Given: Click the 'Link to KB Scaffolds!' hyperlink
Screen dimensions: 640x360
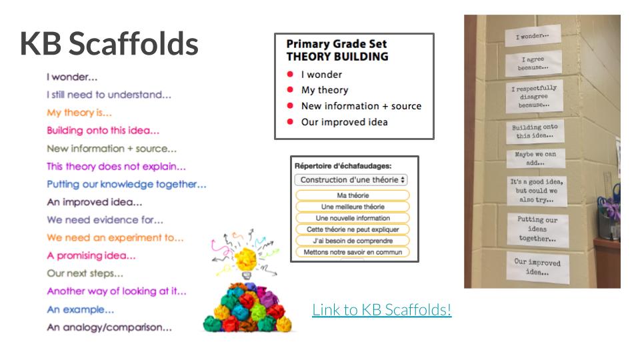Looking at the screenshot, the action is click(x=381, y=310).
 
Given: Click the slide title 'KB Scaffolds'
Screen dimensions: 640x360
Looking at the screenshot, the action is click(x=109, y=43).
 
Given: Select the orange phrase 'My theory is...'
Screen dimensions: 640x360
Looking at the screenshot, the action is click(x=79, y=113).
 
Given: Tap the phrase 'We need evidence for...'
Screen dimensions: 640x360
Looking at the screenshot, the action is click(x=105, y=220).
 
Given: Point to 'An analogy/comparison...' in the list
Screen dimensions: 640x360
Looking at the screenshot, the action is click(x=109, y=327).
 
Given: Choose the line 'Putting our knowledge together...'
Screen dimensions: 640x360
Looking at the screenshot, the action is click(x=127, y=185).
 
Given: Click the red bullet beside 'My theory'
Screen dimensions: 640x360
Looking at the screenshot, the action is click(x=290, y=90).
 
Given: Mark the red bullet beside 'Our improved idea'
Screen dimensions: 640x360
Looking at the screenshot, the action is click(x=290, y=121).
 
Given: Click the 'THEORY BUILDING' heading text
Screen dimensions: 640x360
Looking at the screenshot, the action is click(x=337, y=57).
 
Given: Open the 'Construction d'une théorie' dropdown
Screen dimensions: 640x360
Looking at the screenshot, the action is click(x=351, y=179).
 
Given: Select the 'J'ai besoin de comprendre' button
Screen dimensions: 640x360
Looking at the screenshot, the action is click(x=353, y=241).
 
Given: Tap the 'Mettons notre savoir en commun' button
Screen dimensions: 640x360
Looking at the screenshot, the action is click(x=353, y=252).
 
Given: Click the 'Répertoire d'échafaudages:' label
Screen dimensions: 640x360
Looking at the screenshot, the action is click(x=343, y=166).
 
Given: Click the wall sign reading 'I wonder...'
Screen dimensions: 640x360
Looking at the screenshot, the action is click(x=533, y=36).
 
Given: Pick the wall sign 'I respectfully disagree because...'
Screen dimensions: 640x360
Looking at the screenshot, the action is click(x=534, y=96).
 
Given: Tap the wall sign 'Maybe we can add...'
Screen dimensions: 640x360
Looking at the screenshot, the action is click(x=535, y=159).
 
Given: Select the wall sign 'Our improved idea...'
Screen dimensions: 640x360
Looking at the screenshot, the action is click(x=537, y=267).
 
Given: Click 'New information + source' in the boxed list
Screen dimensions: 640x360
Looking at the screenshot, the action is click(x=361, y=106).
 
